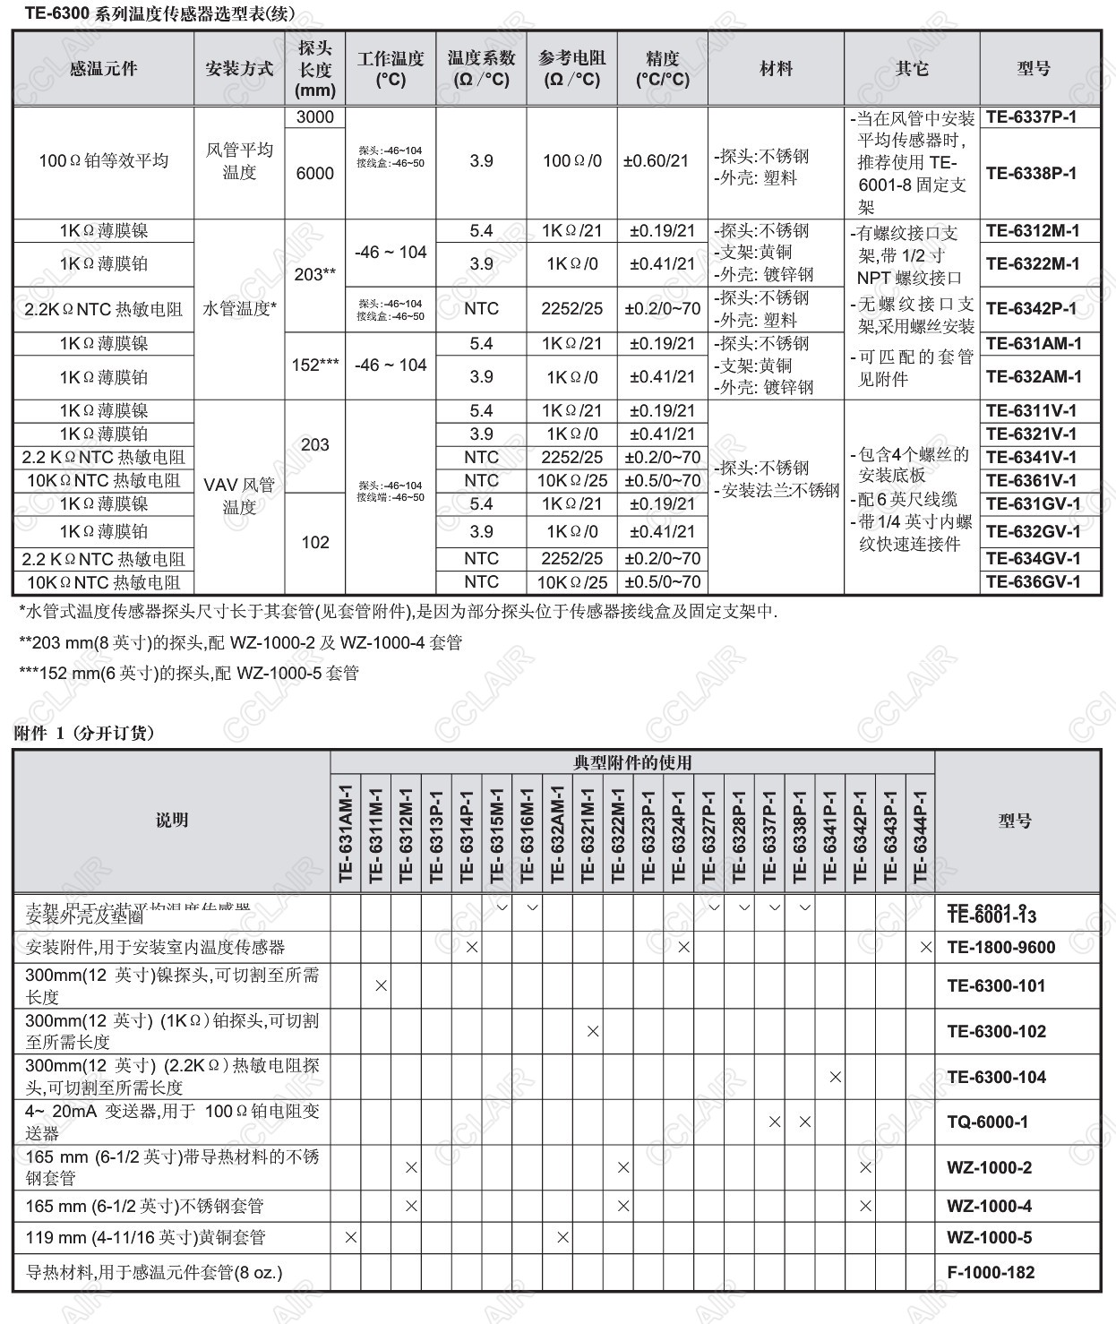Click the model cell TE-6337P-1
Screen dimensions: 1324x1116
[x=1031, y=117]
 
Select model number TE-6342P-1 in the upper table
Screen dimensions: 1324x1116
[x=1031, y=308]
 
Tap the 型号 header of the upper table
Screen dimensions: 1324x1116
[x=1034, y=69]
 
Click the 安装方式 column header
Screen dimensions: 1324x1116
[x=239, y=69]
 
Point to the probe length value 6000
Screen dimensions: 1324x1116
[x=314, y=174]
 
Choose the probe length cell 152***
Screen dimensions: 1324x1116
[x=315, y=365]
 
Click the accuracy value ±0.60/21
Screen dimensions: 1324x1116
[x=662, y=161]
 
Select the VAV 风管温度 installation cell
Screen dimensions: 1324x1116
[x=239, y=496]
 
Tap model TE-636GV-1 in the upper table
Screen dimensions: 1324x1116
[x=1033, y=582]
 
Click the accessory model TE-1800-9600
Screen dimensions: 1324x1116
[x=1000, y=947]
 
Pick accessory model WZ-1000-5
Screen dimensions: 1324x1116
[x=989, y=1237]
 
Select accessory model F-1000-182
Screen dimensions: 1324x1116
[x=991, y=1272]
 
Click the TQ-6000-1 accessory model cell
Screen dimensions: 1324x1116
[x=987, y=1122]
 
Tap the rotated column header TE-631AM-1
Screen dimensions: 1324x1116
[x=347, y=834]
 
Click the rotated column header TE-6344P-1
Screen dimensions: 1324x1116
[x=921, y=834]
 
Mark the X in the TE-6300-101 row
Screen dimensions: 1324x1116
[x=381, y=985]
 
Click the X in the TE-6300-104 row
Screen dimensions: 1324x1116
[x=835, y=1077]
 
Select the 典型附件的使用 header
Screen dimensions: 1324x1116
[x=632, y=762]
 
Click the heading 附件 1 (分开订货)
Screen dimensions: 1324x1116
[x=84, y=733]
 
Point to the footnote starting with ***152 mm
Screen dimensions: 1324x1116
[x=189, y=673]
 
